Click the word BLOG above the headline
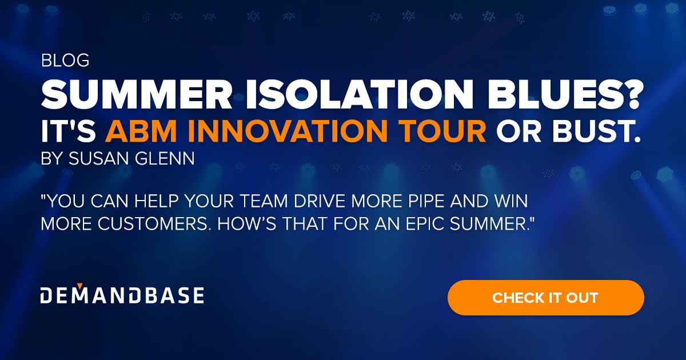click(x=65, y=61)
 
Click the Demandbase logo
click(x=122, y=295)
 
